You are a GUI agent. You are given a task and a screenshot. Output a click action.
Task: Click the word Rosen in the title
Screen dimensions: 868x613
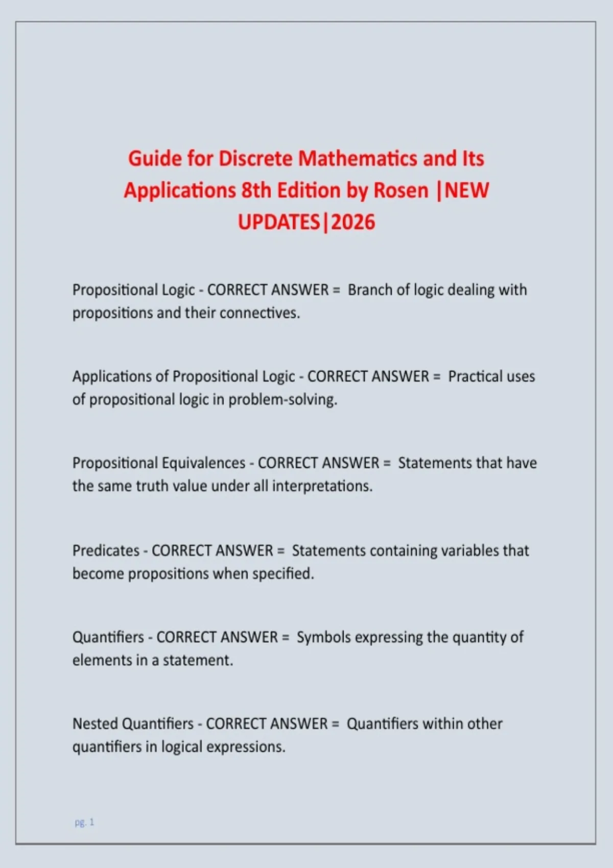coord(401,190)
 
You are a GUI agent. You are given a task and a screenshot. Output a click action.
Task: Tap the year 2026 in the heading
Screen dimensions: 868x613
coord(353,222)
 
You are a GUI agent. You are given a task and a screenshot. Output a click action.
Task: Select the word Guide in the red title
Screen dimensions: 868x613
coord(155,159)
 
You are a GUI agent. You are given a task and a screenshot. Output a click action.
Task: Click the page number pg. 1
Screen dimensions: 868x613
coord(84,822)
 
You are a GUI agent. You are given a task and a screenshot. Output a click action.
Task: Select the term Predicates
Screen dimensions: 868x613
coord(106,550)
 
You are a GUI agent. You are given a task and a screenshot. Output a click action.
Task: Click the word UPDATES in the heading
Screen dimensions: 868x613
coord(279,222)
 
